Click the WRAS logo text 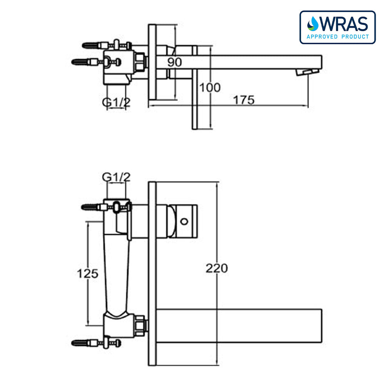pyautogui.click(x=344, y=24)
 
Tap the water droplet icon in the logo pyautogui.click(x=313, y=24)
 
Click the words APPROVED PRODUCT pyautogui.click(x=338, y=37)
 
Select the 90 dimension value pyautogui.click(x=174, y=62)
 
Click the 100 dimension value pyautogui.click(x=210, y=88)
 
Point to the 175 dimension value pyautogui.click(x=244, y=100)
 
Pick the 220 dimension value pyautogui.click(x=216, y=268)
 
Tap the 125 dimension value pyautogui.click(x=88, y=273)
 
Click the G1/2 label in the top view pyautogui.click(x=116, y=102)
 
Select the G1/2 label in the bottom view pyautogui.click(x=116, y=177)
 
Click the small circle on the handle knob pyautogui.click(x=184, y=222)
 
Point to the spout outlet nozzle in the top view pyautogui.click(x=307, y=72)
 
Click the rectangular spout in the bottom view pyautogui.click(x=239, y=326)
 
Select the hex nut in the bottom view pyautogui.click(x=141, y=326)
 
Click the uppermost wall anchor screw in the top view pyautogui.click(x=107, y=45)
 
